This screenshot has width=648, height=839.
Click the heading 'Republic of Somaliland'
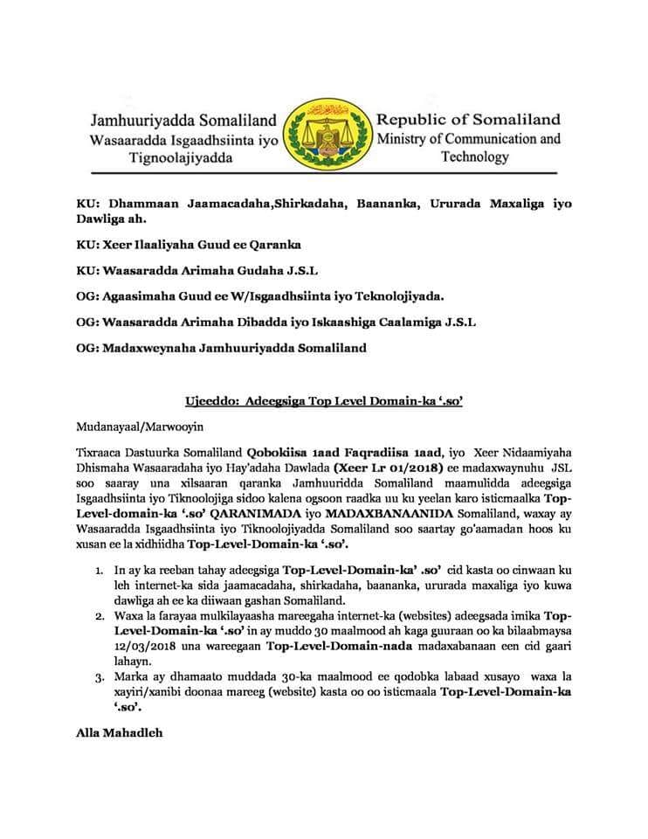(x=468, y=120)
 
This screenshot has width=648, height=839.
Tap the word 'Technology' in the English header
(x=475, y=157)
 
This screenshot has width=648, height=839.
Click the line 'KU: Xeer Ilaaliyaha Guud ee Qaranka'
(x=188, y=246)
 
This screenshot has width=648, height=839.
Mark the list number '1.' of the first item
(x=100, y=570)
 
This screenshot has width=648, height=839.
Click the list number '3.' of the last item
(x=100, y=676)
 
